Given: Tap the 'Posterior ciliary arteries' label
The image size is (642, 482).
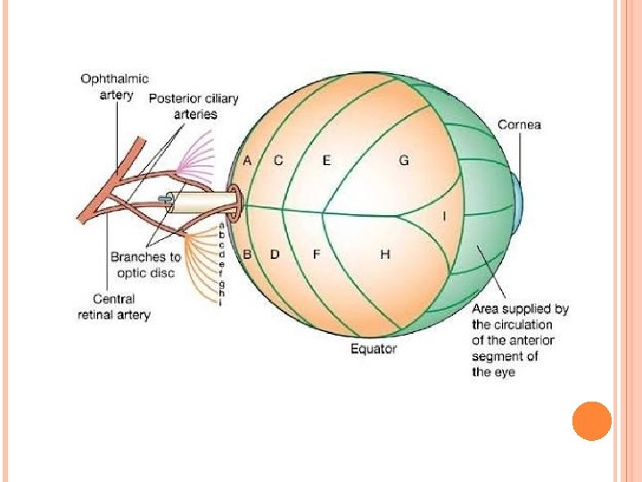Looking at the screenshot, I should coord(183,105).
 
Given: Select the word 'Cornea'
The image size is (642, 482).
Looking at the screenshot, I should coord(519,125).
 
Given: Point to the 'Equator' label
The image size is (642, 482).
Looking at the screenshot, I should coord(374,348).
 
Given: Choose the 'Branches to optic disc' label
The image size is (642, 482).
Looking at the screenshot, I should coord(145,265).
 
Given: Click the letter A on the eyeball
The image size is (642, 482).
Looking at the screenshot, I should coord(248,161).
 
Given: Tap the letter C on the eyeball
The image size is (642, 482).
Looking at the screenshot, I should coord(278,161).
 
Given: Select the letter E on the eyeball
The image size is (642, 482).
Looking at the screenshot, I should coord(326,161).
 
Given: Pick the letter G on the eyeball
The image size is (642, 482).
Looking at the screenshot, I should coord(404,161).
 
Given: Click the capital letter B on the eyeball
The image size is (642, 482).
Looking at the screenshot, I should coord(247,254).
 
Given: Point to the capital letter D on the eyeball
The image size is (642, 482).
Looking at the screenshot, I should coord(275,254).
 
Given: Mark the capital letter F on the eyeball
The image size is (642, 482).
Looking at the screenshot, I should coord(316,254).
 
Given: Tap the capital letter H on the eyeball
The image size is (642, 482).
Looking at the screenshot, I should coord(385,254).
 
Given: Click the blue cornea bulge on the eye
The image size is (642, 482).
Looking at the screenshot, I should coord(518,203).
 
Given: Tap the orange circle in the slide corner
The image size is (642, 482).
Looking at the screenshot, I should coord(591,420).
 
